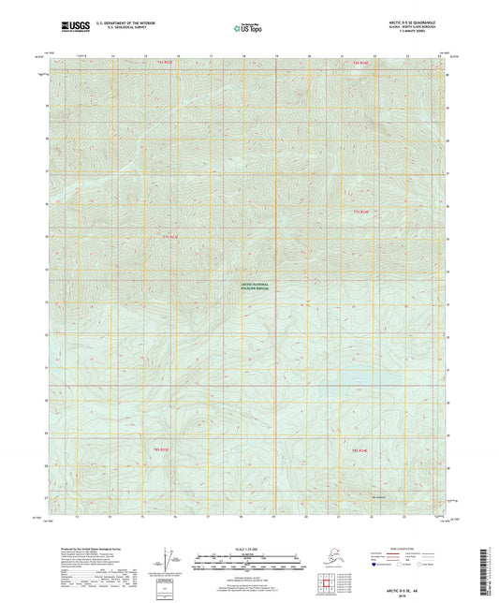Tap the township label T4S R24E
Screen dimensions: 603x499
(360, 64)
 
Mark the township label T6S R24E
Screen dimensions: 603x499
(360, 451)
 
